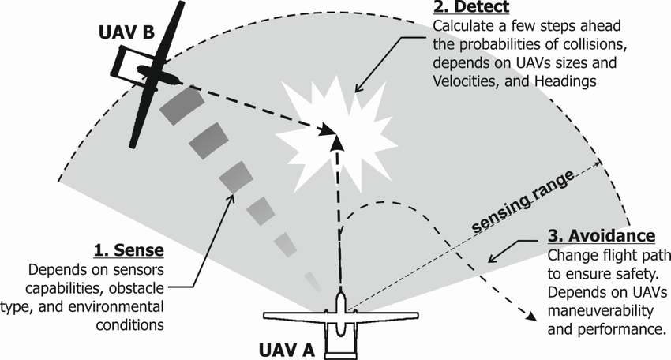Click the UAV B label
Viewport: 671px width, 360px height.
126,32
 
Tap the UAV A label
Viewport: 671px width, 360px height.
287,351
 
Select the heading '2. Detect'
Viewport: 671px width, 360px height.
471,7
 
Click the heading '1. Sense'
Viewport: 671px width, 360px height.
129,250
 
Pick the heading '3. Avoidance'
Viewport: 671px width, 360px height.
602,236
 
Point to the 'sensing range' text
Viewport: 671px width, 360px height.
523,201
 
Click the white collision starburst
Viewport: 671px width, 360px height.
335,135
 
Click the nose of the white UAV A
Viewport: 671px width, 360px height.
340,296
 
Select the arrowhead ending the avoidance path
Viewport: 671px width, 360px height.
531,317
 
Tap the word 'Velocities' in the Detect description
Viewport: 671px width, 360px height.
466,81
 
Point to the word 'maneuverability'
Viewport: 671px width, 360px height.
601,311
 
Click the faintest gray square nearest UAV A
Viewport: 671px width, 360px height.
313,282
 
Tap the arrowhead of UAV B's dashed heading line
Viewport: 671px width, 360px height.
328,129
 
